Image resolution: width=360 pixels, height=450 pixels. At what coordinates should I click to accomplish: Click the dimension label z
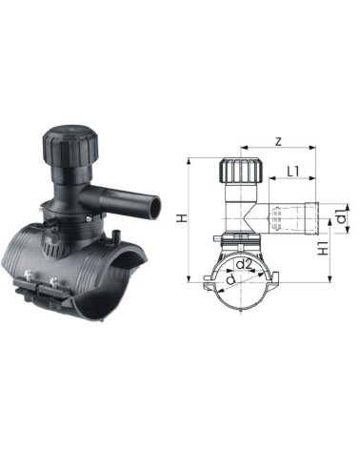click(x=278, y=141)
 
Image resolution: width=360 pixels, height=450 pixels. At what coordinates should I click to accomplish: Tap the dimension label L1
click(x=293, y=172)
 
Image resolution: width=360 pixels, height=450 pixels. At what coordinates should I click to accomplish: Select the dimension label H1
click(x=323, y=248)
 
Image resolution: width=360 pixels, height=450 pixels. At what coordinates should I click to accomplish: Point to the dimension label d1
click(x=341, y=216)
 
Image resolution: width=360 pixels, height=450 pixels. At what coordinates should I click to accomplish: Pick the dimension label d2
click(x=244, y=264)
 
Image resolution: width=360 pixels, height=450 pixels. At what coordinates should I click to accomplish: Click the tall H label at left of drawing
click(x=181, y=218)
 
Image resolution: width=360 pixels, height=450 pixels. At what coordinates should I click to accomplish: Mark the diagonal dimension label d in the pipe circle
click(x=230, y=279)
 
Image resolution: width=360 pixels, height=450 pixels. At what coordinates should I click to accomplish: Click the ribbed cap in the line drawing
click(x=241, y=170)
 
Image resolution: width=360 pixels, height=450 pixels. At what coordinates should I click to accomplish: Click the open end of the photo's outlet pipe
click(x=155, y=208)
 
